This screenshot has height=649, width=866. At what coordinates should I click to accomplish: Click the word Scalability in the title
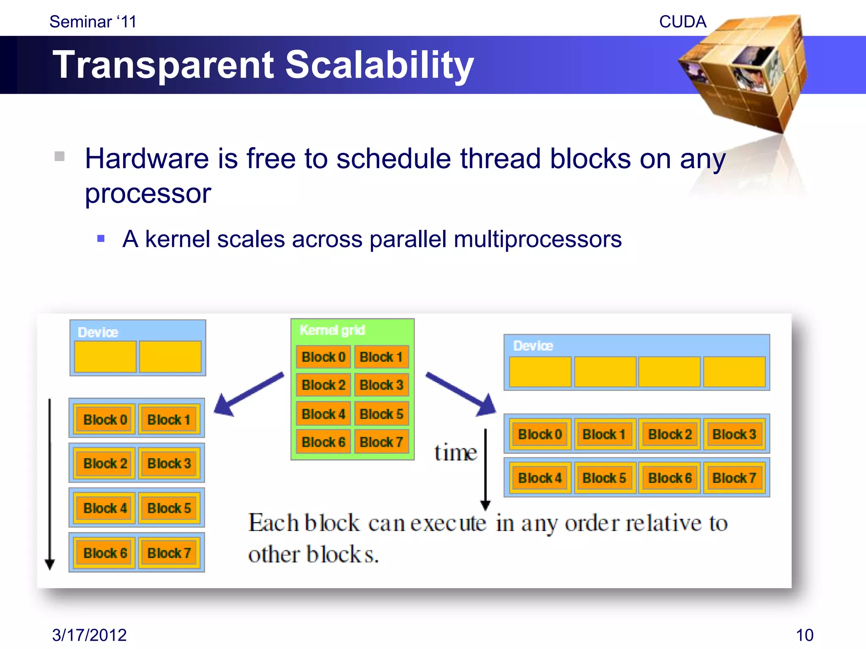click(x=379, y=65)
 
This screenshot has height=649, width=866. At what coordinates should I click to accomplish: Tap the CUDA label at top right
click(x=682, y=22)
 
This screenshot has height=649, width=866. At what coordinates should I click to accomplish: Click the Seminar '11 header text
click(x=93, y=22)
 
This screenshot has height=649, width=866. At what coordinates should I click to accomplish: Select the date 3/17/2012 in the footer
click(x=89, y=635)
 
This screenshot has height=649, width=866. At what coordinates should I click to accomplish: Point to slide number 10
click(x=804, y=635)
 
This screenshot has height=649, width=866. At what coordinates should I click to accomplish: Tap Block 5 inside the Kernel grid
click(x=381, y=414)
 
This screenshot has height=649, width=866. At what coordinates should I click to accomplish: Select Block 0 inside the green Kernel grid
click(x=323, y=357)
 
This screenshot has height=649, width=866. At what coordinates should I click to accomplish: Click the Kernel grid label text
click(x=332, y=330)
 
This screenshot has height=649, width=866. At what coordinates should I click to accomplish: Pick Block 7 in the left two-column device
click(x=169, y=553)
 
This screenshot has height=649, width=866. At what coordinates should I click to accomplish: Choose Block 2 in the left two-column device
click(x=105, y=463)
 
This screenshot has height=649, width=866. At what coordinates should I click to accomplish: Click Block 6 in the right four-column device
click(x=670, y=478)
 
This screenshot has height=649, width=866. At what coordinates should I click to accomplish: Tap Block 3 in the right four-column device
click(x=734, y=434)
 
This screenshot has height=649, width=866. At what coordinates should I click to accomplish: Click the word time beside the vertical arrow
click(x=455, y=453)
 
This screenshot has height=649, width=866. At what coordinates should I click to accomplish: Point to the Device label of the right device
click(x=533, y=346)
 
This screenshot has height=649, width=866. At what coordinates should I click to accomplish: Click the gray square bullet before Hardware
click(x=60, y=156)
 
